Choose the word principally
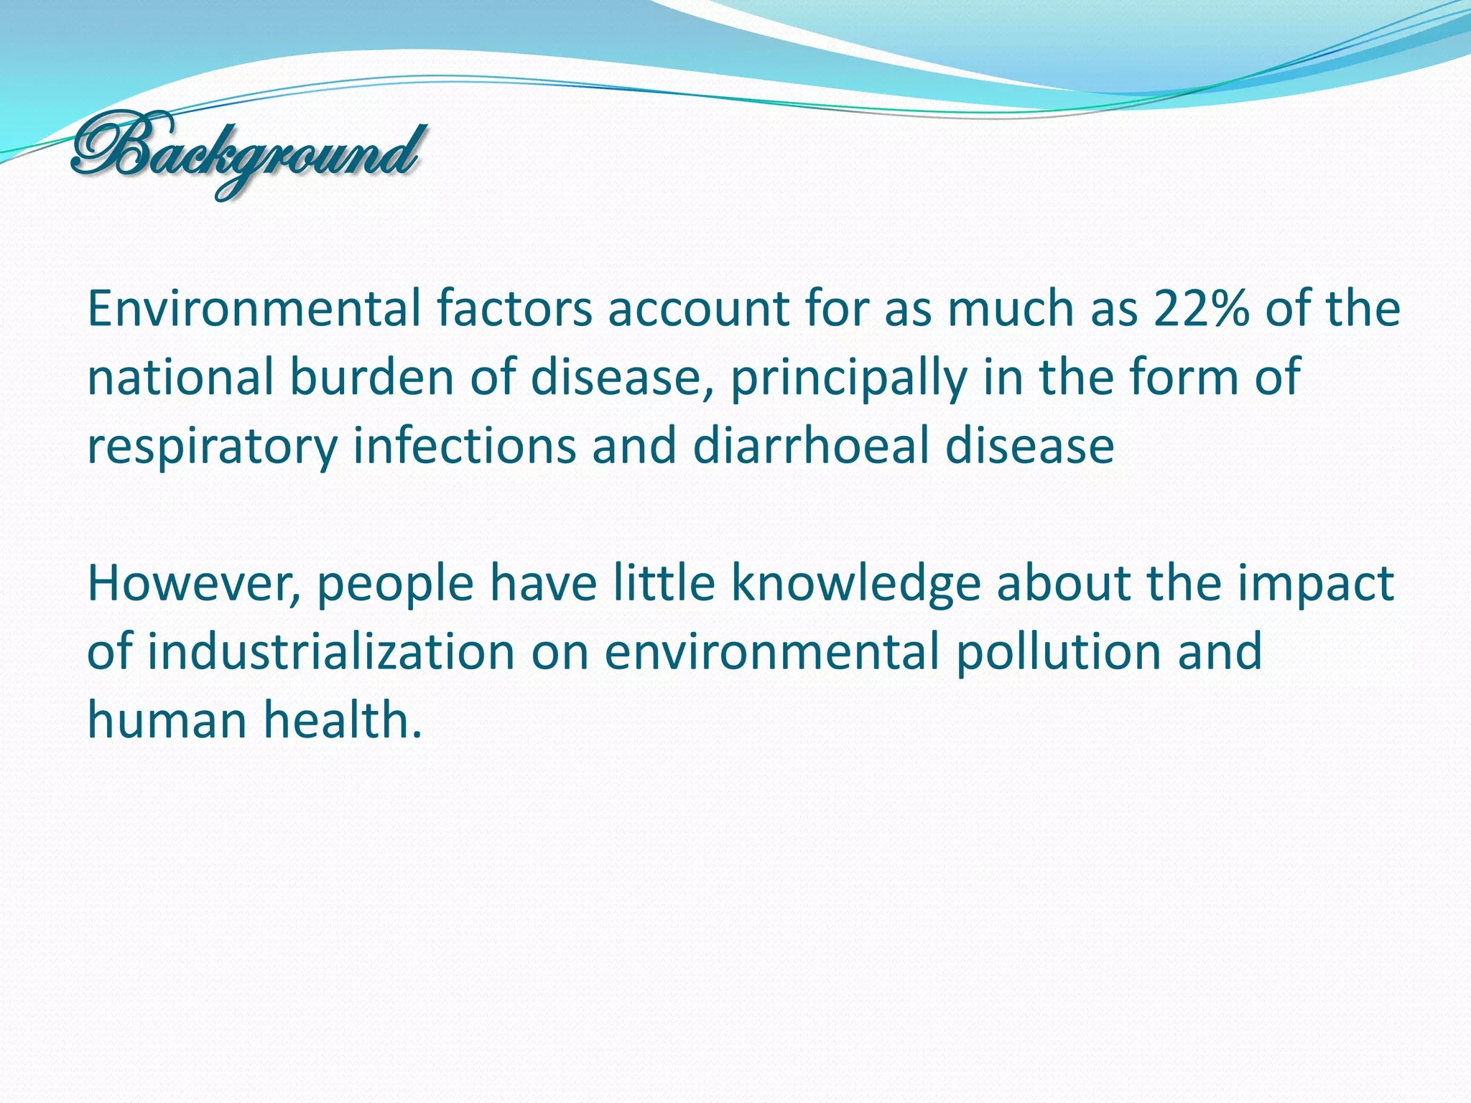pos(848,379)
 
